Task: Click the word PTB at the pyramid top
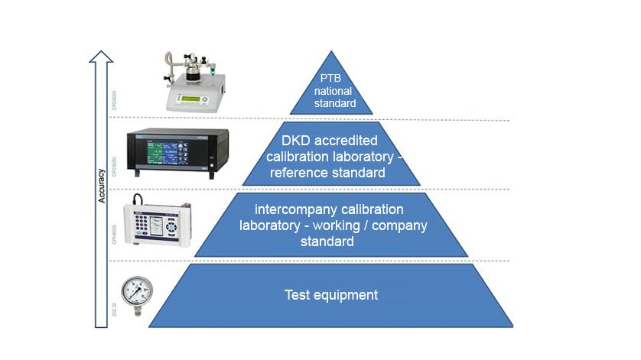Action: (332, 78)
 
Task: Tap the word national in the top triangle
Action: (331, 91)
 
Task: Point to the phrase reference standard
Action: (332, 173)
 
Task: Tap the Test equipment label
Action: (331, 294)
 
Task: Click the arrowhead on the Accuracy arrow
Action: (101, 55)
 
